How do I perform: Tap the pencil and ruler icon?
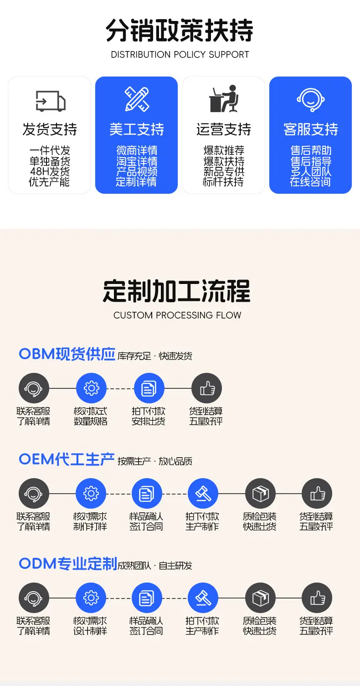pos(137,99)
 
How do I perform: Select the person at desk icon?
pos(224,98)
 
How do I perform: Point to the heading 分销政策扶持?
pos(180,30)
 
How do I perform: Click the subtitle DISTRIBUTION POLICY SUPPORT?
pos(180,55)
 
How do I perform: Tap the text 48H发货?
pos(50,171)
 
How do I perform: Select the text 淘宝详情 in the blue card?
pos(137,161)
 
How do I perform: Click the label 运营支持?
pos(224,129)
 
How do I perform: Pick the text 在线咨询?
pos(310,182)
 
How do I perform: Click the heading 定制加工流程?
pos(177,291)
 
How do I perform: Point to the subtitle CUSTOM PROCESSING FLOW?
pos(177,315)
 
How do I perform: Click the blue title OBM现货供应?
pos(67,354)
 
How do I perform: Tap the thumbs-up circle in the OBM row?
pos(206,388)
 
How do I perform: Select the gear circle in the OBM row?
pos(91,388)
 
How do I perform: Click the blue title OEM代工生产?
pos(67,459)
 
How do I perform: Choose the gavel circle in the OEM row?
pos(203,493)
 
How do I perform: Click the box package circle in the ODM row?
pos(260,598)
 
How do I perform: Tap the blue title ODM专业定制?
pos(68,564)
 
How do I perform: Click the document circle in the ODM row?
pos(147,598)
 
